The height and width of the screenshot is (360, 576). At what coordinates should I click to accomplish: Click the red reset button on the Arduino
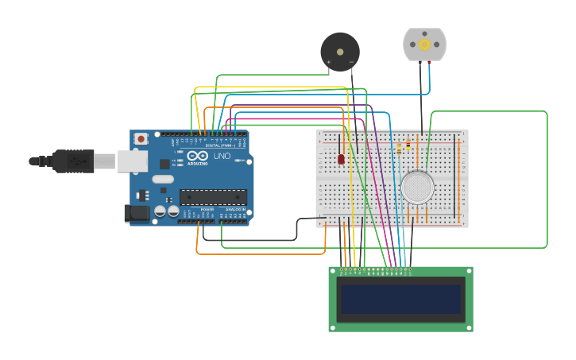pos(141,139)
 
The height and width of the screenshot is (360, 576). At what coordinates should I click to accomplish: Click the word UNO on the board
pos(222,157)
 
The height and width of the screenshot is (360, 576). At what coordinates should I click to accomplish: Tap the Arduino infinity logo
pos(198,156)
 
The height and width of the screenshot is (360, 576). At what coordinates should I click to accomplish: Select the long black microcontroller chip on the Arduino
pos(212,197)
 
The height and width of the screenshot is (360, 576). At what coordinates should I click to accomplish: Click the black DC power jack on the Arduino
pos(137,212)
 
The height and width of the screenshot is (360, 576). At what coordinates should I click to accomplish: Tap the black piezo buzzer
pos(340,52)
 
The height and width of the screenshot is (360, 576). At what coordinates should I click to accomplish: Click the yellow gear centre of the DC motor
pos(424,45)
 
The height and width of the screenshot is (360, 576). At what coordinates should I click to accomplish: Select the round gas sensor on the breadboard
pos(417,188)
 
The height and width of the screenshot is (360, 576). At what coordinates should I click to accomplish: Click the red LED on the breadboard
pos(341,159)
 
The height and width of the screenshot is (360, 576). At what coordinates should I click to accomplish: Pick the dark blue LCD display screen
pos(401,300)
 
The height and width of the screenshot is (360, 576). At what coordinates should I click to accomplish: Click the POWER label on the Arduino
pos(207,210)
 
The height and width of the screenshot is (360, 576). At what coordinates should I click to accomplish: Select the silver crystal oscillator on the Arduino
pos(163,179)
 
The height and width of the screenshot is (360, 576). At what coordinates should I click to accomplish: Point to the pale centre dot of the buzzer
pos(341,52)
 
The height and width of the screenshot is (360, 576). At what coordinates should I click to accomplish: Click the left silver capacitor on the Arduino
pos(160,211)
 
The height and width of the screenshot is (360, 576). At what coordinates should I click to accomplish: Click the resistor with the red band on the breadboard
pos(408,145)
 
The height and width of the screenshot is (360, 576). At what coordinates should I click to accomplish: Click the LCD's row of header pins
pos(376,270)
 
